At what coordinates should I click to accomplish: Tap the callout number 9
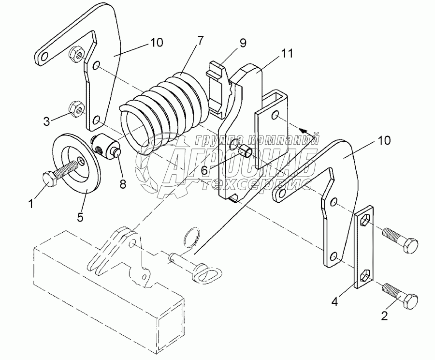(x=243, y=44)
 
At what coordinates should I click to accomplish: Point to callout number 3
(x=46, y=121)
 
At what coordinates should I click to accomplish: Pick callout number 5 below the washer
(x=80, y=217)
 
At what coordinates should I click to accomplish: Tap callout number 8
(x=123, y=183)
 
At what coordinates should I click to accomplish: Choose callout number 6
(x=204, y=169)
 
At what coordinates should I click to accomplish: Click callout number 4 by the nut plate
(x=335, y=301)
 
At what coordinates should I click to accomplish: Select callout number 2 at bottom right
(x=384, y=316)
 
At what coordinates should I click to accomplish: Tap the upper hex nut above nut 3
(x=76, y=54)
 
